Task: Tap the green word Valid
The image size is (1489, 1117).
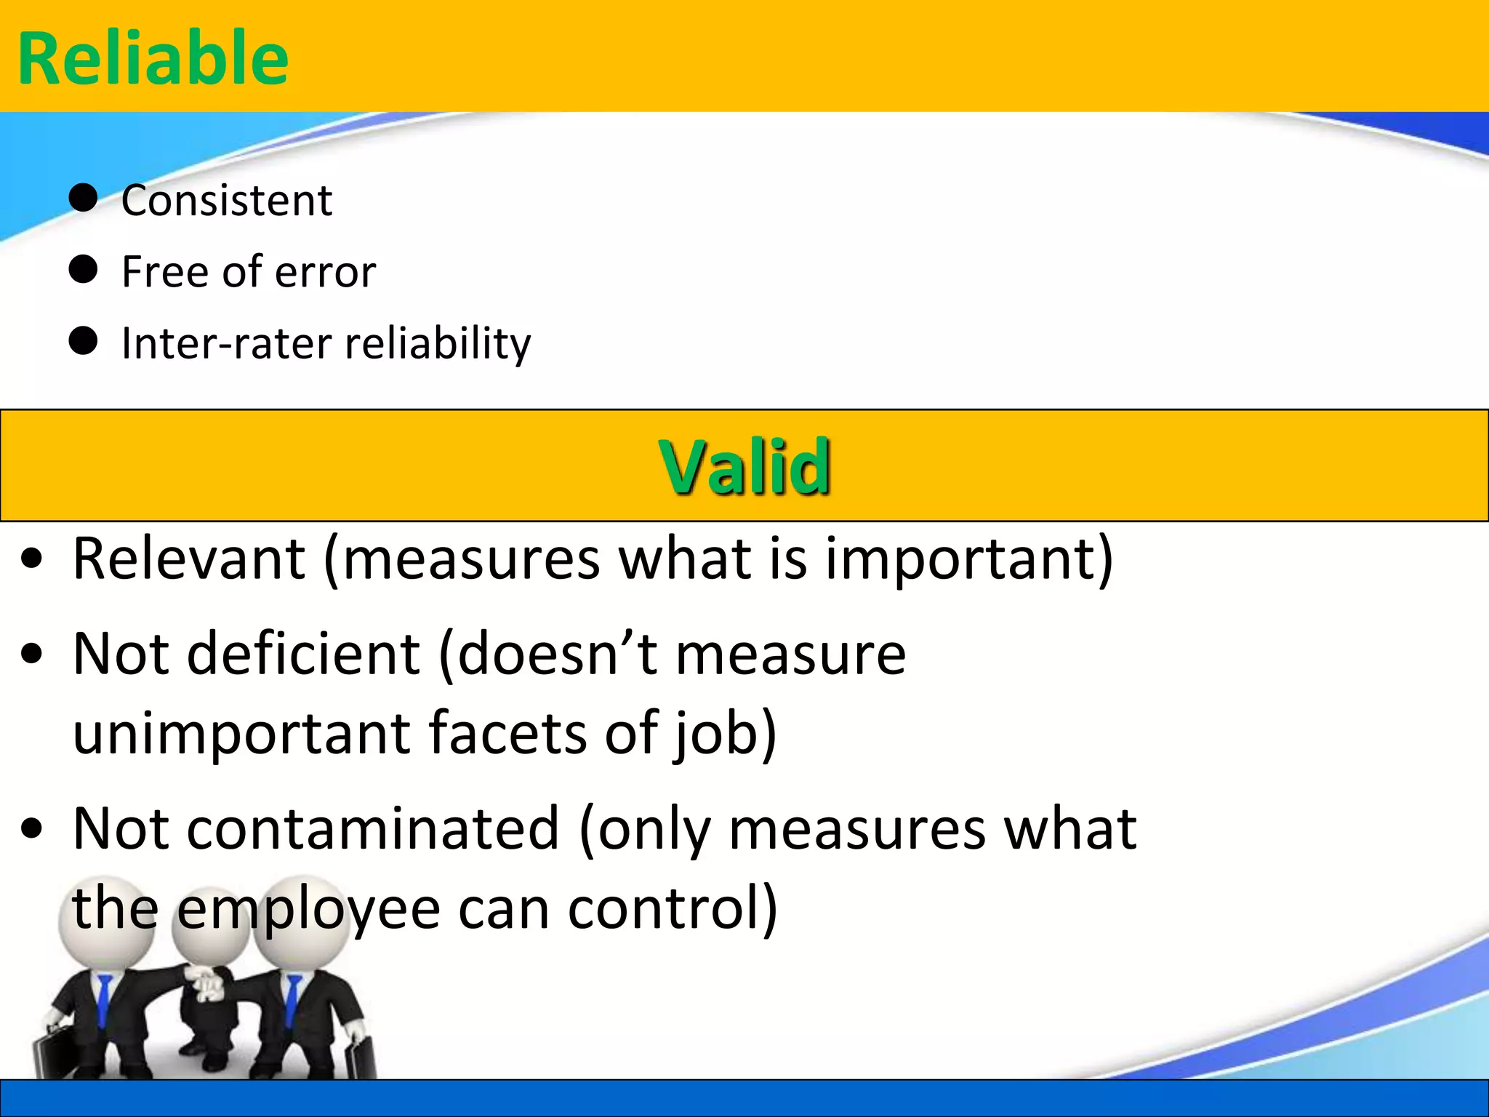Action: (744, 467)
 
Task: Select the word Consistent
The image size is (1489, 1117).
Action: (227, 200)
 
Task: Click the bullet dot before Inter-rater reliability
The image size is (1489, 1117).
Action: (84, 340)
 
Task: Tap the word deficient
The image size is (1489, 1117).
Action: (303, 653)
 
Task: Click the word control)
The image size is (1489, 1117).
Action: (673, 909)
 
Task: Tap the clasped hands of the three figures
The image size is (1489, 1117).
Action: (207, 982)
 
